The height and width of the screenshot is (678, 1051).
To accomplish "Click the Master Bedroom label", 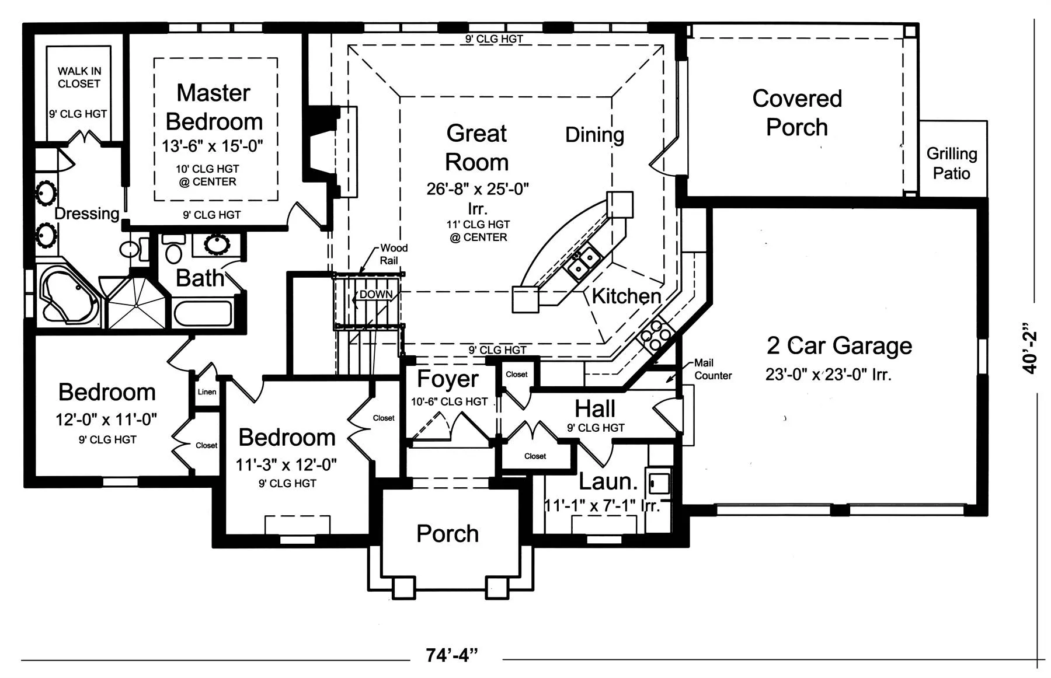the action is [214, 107].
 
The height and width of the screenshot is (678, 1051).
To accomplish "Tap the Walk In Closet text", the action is [79, 77].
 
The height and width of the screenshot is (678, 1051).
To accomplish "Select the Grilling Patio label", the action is [952, 163].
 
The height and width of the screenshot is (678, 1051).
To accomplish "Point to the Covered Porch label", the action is [797, 113].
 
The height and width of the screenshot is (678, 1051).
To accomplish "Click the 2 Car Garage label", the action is [839, 345].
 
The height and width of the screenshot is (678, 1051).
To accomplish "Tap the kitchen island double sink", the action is [583, 262].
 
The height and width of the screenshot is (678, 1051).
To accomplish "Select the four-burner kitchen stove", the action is [656, 335].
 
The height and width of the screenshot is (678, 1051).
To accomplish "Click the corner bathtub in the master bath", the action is [68, 298].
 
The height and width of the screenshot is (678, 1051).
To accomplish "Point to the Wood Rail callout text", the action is [392, 254].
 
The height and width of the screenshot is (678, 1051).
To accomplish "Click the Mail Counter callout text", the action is [712, 369].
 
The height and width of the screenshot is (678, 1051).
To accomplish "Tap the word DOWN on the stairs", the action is [376, 295].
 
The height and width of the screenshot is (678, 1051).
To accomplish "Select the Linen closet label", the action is [207, 392].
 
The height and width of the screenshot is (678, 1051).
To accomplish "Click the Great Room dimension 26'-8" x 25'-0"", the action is [478, 188].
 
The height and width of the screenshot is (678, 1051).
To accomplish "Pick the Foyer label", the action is [448, 379].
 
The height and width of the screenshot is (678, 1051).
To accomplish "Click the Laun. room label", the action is [608, 482].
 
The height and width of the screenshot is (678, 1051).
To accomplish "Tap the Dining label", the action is [594, 135].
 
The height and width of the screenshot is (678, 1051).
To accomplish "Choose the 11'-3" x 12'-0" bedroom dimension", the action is [286, 464].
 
